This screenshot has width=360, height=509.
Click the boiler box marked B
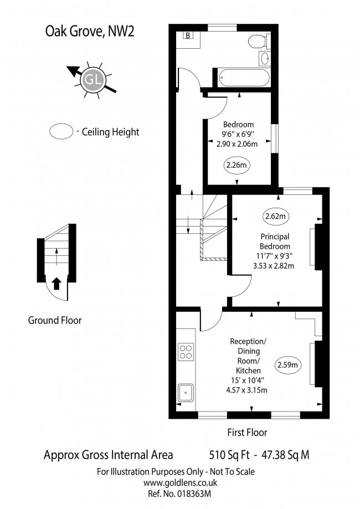tap(188, 35)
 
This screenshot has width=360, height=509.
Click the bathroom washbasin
tap(265, 59)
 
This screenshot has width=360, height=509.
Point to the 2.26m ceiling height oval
tap(236, 165)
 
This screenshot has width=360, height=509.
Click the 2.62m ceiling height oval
tap(275, 216)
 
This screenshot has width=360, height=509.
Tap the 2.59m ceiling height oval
tap(287, 365)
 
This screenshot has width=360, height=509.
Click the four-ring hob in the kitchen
tap(186, 352)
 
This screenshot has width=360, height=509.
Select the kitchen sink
tap(186, 393)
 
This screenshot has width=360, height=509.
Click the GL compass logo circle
tap(93, 80)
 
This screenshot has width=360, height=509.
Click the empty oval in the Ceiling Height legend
tap(61, 131)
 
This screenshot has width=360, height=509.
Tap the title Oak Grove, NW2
tap(90, 32)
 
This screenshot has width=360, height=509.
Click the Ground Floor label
tap(55, 320)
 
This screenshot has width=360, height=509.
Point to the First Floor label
tap(248, 433)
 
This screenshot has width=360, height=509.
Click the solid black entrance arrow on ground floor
tap(56, 284)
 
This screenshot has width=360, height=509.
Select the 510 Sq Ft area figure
tap(229, 455)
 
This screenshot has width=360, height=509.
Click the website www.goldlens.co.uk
tap(181, 483)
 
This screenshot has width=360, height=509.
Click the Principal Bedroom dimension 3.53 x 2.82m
tap(274, 266)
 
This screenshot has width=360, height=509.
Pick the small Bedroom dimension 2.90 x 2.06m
tap(237, 144)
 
